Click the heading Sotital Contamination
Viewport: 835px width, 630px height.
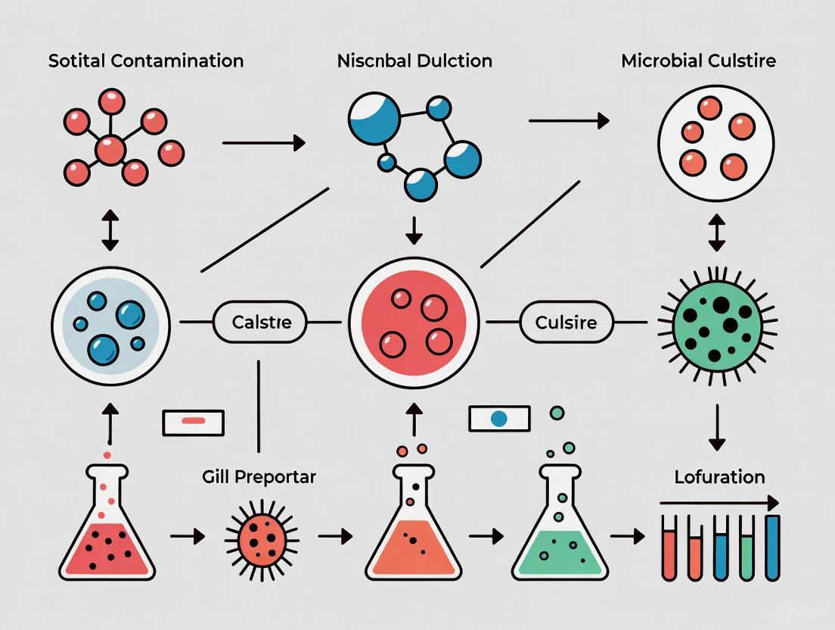point(146,61)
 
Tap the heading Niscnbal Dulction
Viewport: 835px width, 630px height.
point(414,61)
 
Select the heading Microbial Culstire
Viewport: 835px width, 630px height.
point(698,61)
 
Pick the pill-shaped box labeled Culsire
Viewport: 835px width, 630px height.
point(566,323)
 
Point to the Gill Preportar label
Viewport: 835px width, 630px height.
point(259,477)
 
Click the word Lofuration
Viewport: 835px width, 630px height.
point(719,477)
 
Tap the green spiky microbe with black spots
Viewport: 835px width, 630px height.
point(716,323)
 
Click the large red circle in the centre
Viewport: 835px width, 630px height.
point(413,323)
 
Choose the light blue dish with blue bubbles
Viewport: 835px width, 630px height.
point(110,323)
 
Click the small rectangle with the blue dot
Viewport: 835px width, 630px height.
point(499,418)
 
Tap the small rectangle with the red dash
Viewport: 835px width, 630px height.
point(194,422)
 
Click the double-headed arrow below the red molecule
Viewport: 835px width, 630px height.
point(110,232)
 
